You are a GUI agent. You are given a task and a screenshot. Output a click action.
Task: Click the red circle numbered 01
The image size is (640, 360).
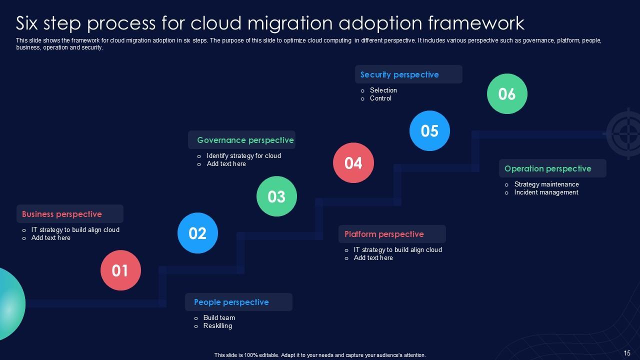click(x=120, y=270)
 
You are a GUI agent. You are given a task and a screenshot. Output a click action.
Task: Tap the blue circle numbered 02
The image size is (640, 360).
click(x=197, y=233)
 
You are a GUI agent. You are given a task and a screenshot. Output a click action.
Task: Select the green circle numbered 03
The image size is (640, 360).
click(x=276, y=196)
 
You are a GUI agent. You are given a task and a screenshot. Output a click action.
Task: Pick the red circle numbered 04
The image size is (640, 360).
click(x=353, y=163)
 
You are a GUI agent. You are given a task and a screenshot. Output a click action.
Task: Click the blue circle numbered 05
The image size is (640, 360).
click(x=429, y=131)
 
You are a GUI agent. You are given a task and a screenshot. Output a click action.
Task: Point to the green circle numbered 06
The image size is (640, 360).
click(x=507, y=94)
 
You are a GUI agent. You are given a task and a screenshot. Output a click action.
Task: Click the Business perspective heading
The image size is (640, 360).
click(x=62, y=214)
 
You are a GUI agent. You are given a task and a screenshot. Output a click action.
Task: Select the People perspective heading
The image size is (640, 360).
click(x=231, y=302)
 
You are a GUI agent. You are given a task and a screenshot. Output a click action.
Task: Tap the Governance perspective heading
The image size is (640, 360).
click(x=245, y=140)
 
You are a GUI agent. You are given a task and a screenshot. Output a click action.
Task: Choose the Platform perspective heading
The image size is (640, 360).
click(x=384, y=234)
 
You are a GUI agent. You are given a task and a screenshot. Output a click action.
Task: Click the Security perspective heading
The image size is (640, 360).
click(x=399, y=74)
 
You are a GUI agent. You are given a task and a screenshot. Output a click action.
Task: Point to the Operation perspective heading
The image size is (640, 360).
click(x=548, y=168)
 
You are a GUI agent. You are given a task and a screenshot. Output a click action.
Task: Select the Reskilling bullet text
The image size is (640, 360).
click(x=217, y=326)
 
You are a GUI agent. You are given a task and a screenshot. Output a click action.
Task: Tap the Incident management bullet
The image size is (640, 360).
click(x=546, y=192)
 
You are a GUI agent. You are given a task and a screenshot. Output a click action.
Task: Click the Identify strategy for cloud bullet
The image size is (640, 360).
click(x=244, y=156)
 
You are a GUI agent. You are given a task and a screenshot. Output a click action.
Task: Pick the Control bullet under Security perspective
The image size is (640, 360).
click(x=380, y=98)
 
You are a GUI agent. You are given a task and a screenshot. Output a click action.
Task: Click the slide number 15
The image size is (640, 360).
click(x=627, y=353)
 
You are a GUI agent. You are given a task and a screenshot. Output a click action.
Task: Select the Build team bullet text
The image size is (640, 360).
click(x=219, y=318)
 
